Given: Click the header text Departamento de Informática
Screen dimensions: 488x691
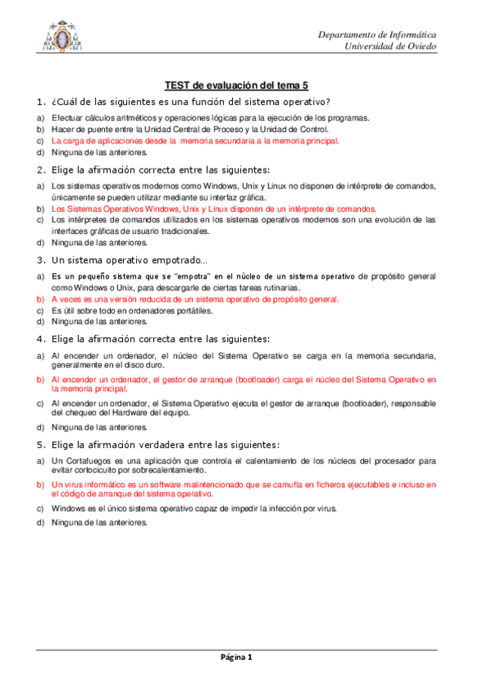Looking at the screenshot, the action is [376, 35].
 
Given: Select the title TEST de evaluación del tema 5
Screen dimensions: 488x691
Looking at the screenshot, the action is [236, 85].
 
